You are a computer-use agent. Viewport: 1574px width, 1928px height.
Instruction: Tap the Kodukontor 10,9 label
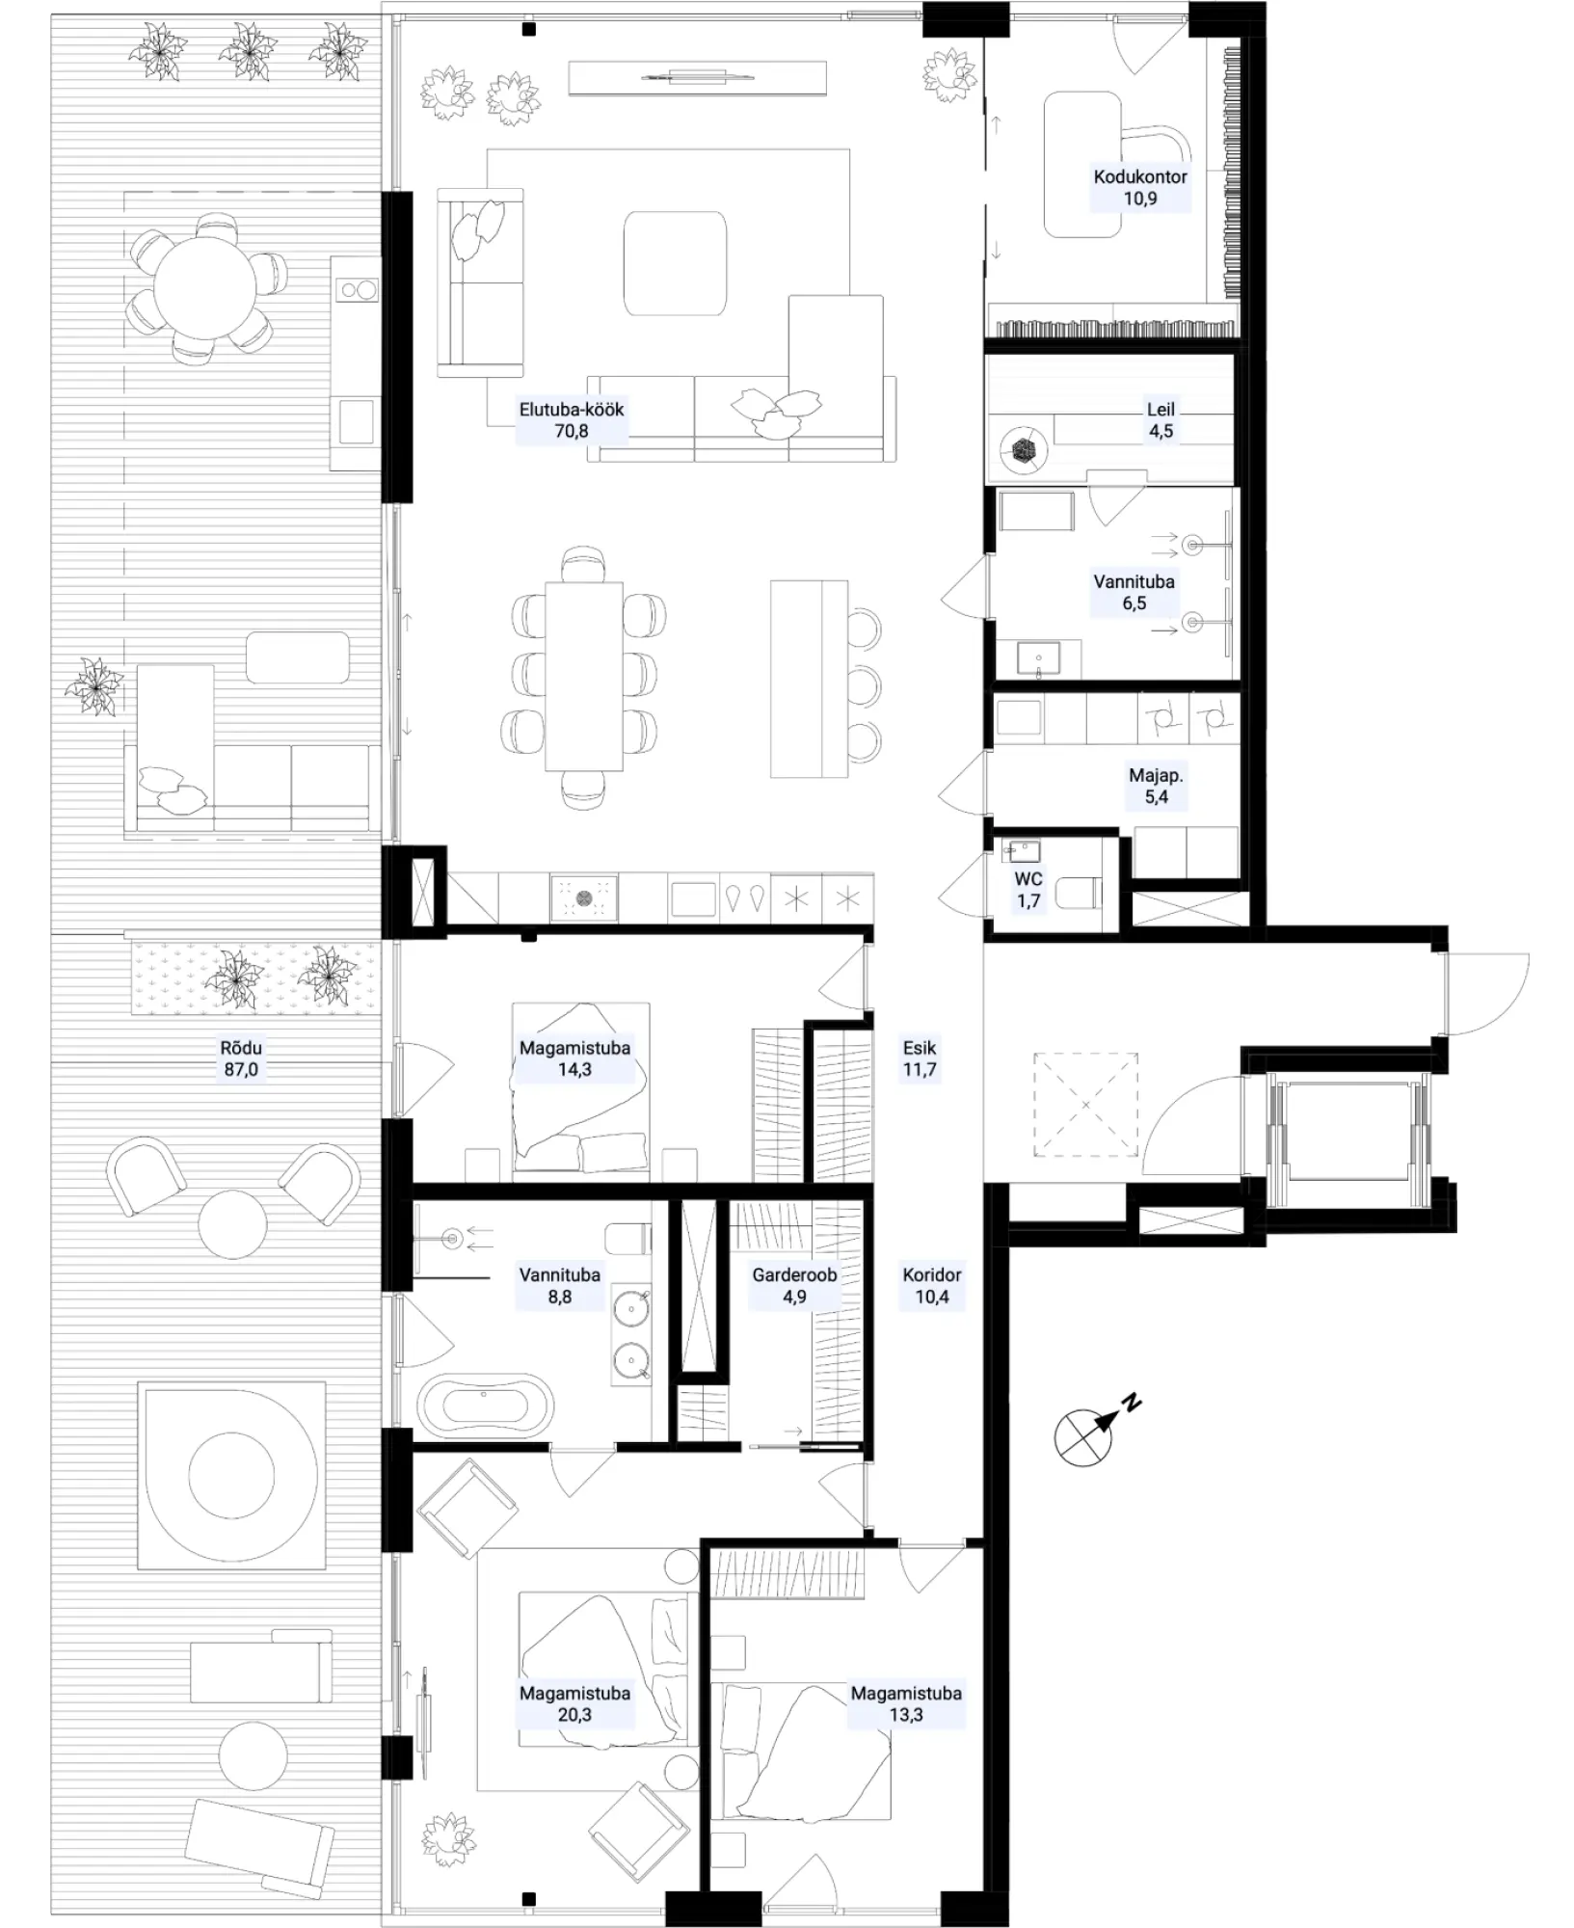(x=1140, y=188)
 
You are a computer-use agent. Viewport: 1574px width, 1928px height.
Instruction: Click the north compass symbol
(x=1092, y=1431)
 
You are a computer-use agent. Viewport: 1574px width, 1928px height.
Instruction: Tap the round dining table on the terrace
(x=205, y=287)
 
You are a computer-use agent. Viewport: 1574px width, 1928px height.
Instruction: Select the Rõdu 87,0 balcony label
(x=241, y=1058)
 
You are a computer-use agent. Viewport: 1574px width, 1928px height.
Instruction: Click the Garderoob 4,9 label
(x=794, y=1285)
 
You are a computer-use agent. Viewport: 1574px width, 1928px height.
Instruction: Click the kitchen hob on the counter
(x=584, y=898)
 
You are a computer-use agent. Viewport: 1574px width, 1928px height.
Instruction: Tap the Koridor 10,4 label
(x=932, y=1285)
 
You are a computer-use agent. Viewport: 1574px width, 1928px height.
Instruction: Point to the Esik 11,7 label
(x=920, y=1058)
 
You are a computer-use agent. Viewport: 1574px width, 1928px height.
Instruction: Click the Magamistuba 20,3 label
(x=574, y=1703)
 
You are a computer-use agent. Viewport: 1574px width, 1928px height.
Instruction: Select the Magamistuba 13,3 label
(x=906, y=1703)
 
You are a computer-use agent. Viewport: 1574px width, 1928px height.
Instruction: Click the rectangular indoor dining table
(x=584, y=676)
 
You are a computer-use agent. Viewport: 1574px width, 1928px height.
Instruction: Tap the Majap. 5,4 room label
(x=1157, y=786)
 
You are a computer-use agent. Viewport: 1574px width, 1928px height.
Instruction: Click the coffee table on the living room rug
(x=675, y=263)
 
